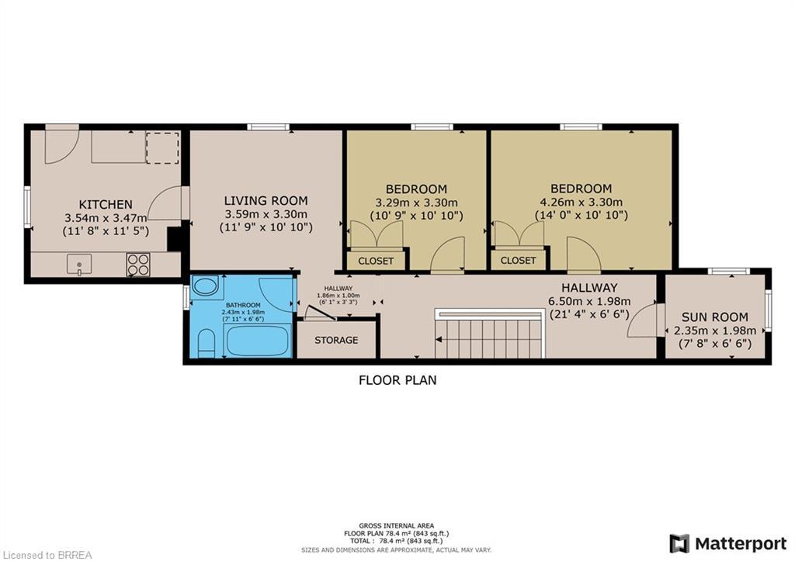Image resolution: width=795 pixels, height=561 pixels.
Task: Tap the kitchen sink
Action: coord(79,265)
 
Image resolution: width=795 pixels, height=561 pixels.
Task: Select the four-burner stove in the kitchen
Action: coord(138,265)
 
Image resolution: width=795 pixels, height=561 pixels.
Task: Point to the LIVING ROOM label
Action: coord(266,200)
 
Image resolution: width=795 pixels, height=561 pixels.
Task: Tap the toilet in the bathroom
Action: coord(207,342)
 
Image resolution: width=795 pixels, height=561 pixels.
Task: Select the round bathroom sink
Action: coord(205,286)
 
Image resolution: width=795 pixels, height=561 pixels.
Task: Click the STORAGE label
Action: coord(336,340)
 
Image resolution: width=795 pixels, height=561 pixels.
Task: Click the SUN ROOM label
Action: coord(714,317)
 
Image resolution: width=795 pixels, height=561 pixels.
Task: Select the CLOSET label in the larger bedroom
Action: coord(518,261)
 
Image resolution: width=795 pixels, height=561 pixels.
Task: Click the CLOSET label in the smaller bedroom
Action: coord(376,261)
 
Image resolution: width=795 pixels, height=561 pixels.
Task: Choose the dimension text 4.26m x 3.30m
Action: coord(581,202)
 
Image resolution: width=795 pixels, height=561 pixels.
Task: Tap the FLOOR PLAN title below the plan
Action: coord(397,380)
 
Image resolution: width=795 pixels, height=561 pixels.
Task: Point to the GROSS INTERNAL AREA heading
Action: coord(397,525)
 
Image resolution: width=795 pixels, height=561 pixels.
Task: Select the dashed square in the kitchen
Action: coord(163,147)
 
